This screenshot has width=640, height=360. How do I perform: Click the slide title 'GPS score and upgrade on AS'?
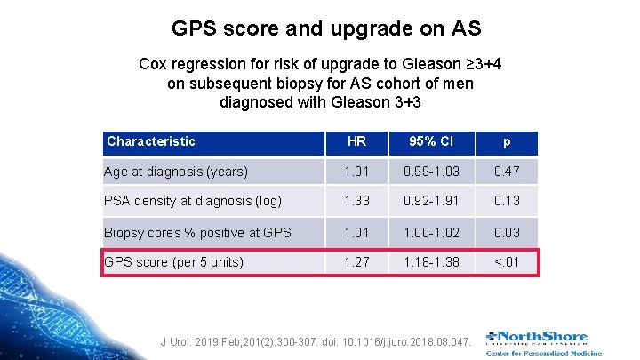(x=325, y=28)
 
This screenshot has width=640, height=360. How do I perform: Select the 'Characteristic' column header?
(x=150, y=141)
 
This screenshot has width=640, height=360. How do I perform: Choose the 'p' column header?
(x=507, y=142)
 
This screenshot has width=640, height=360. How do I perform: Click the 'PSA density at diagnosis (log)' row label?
(x=193, y=201)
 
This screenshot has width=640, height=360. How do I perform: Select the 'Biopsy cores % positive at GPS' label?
(x=197, y=232)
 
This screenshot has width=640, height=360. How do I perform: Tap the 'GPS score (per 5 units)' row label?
(x=174, y=262)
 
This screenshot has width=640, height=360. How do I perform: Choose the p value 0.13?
(x=507, y=201)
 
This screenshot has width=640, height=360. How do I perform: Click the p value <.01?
(x=507, y=262)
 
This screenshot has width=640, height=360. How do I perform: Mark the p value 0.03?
(x=507, y=232)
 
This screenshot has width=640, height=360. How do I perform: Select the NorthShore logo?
(x=542, y=341)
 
